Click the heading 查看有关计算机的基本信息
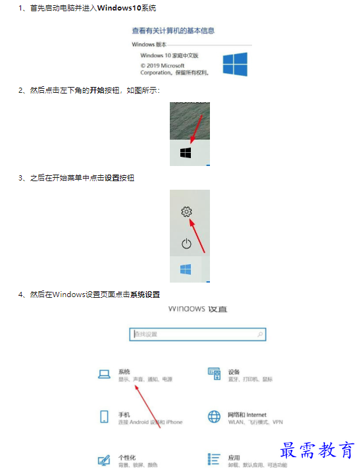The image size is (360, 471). (173, 30)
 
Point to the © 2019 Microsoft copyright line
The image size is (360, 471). (163, 66)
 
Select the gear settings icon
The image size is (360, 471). (186, 211)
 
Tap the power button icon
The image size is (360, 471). (186, 244)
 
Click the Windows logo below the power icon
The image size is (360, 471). (186, 270)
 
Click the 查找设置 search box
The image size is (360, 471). (197, 334)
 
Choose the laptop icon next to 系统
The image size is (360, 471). (104, 374)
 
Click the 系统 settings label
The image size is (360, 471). (124, 372)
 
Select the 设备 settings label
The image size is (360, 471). (234, 372)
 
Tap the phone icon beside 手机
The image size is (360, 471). (104, 416)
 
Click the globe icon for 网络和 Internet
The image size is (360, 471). (214, 417)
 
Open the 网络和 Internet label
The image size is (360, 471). (247, 414)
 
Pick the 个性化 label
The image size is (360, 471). (127, 457)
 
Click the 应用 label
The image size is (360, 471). (234, 457)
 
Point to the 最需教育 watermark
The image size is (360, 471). (318, 451)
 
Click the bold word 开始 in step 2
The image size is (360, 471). (97, 90)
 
